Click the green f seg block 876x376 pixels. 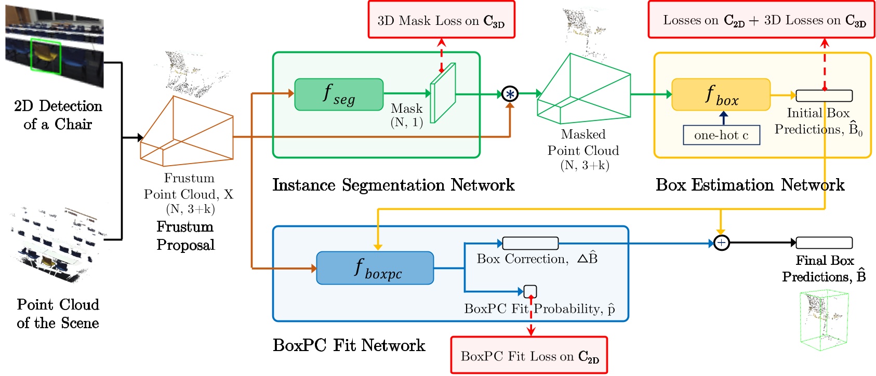point(339,95)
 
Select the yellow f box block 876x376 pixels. point(721,95)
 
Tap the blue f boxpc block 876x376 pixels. point(375,268)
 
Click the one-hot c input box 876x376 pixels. point(721,135)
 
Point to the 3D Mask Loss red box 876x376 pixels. point(441,20)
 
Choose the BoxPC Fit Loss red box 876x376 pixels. point(529,355)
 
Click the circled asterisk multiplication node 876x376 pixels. point(510,94)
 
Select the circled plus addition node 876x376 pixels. point(721,243)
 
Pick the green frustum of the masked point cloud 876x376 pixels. point(583,88)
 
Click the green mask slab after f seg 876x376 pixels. point(443,93)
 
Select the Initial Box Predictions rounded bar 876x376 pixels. point(824,96)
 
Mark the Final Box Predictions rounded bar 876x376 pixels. point(824,243)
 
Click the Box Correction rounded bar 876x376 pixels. point(530,243)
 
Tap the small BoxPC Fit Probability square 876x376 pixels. point(530,291)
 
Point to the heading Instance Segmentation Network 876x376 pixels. point(393,185)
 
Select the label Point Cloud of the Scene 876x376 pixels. point(58,313)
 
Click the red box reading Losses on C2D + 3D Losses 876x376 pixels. point(761,20)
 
